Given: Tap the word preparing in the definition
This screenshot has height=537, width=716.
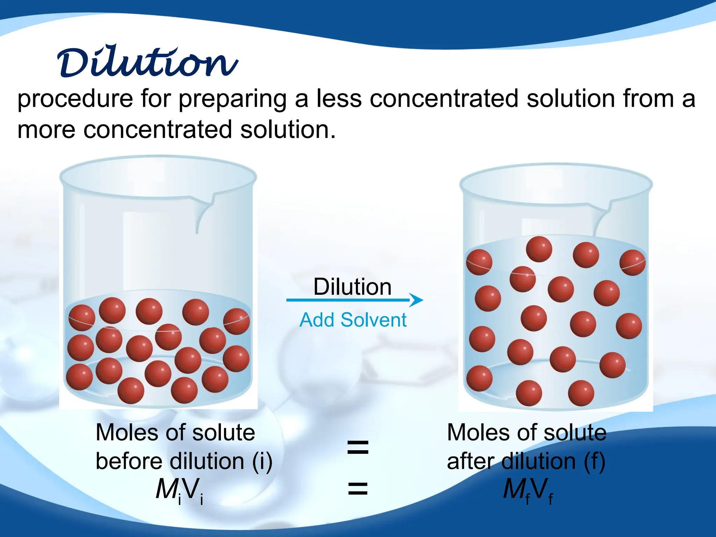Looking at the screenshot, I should point(232,99).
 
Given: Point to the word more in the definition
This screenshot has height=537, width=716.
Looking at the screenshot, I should point(46,130).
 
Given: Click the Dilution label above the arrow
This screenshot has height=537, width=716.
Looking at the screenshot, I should point(352,287).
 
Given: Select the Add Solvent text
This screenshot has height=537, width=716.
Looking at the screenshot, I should point(353,320).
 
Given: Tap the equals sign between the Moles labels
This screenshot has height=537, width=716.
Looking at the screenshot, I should point(358,447).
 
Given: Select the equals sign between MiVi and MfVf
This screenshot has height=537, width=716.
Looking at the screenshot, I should point(358,488).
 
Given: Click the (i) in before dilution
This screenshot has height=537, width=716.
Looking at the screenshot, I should point(262,461).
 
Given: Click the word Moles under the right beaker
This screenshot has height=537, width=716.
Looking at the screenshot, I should point(477,433).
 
